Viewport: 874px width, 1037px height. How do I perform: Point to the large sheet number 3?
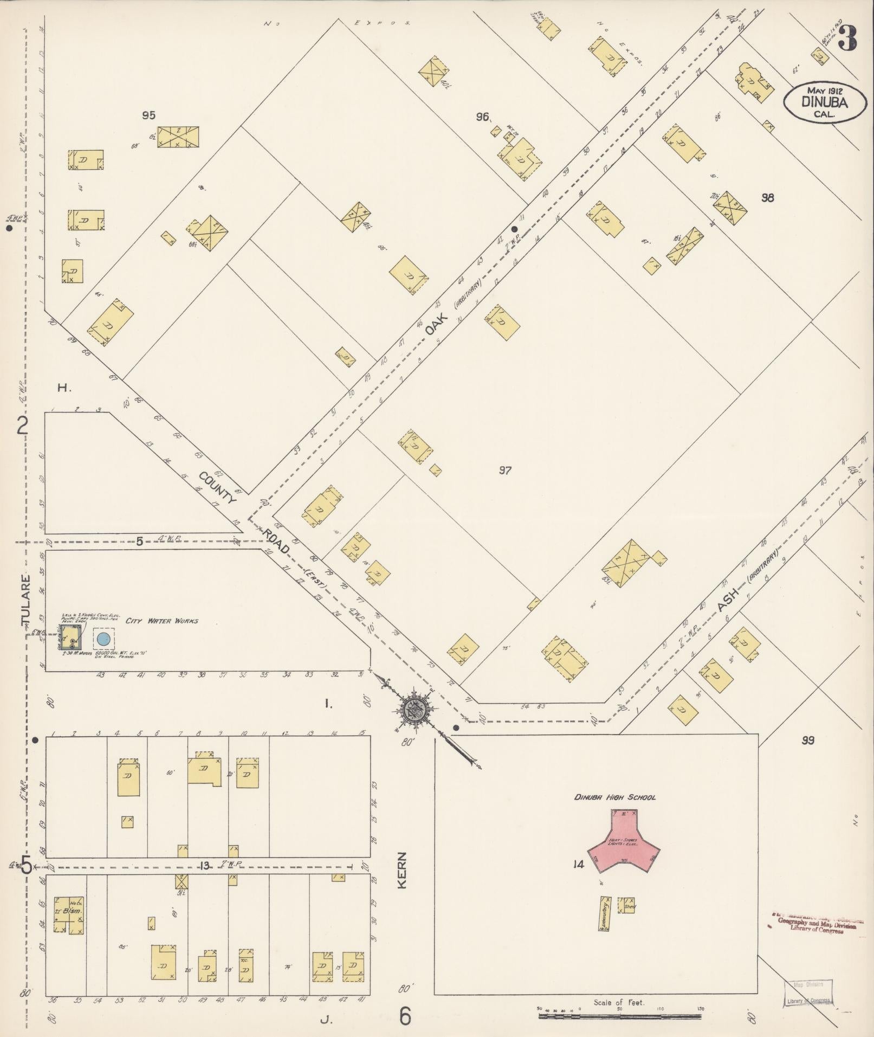pos(848,38)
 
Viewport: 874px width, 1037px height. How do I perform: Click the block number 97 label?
pos(505,471)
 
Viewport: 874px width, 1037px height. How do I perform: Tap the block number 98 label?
pos(767,198)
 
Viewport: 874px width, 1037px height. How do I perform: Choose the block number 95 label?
pos(148,114)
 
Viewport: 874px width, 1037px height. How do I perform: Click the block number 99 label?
pos(807,740)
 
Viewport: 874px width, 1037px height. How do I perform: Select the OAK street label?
pos(435,323)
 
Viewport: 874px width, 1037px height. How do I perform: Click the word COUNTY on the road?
pos(218,488)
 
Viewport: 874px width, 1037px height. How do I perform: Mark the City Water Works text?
pos(161,621)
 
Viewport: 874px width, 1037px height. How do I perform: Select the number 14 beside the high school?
pos(578,865)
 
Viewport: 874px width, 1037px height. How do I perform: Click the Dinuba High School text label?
pos(615,797)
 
